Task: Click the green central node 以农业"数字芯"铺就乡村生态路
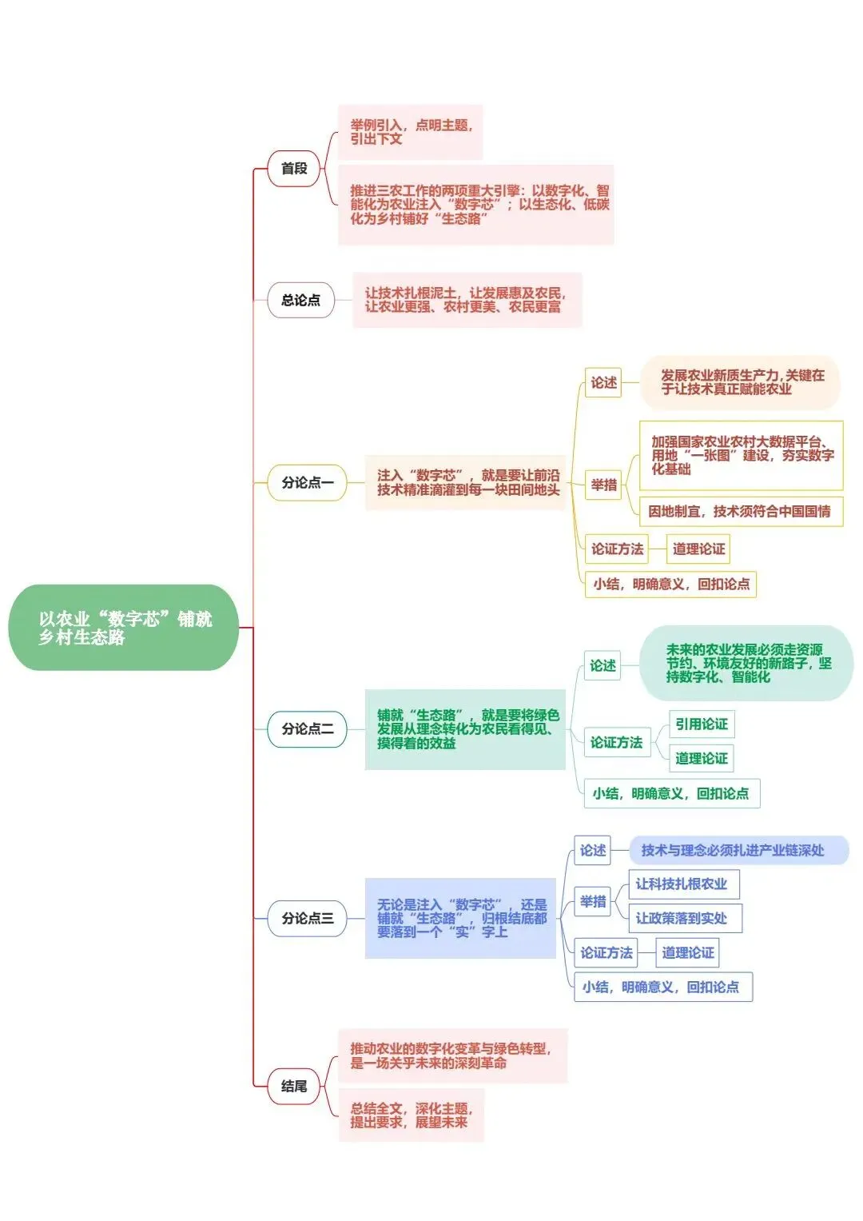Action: click(124, 628)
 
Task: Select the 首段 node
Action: click(294, 169)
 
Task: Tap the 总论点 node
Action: click(300, 300)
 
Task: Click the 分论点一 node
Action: click(307, 483)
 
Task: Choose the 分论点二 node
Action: click(307, 729)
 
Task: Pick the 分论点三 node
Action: click(307, 919)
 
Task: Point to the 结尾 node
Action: click(294, 1086)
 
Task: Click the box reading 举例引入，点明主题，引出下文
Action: click(411, 132)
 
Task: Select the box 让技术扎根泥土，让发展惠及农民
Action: click(467, 300)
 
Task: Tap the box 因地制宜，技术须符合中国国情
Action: click(740, 512)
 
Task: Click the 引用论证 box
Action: click(701, 724)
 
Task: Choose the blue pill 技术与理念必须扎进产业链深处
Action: click(738, 851)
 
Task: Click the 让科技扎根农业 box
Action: click(682, 884)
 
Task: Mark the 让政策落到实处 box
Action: click(684, 919)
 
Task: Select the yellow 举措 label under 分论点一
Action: click(604, 485)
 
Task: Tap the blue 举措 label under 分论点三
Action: click(593, 902)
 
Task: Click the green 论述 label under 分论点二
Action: click(603, 666)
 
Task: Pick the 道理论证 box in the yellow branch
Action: click(698, 549)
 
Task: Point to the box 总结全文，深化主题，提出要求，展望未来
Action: click(412, 1115)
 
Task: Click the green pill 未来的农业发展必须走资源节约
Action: click(746, 664)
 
